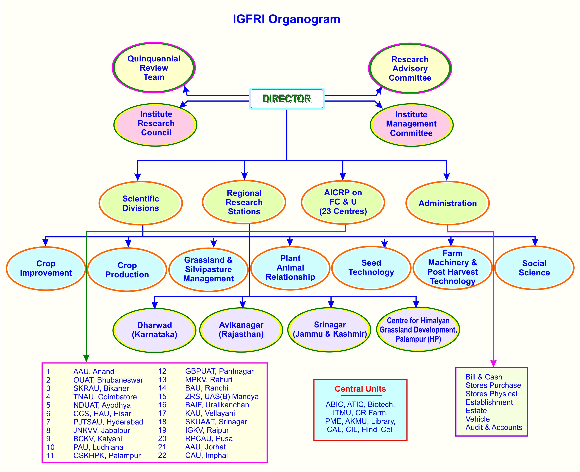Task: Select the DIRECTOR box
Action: click(x=287, y=99)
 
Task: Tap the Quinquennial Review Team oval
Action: click(x=154, y=68)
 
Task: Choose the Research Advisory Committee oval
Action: click(x=410, y=68)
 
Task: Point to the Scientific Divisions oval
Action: click(x=141, y=203)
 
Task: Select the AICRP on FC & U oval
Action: click(x=343, y=202)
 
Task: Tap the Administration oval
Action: click(x=447, y=203)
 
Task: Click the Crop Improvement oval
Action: click(x=46, y=268)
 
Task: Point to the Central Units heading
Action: click(x=360, y=389)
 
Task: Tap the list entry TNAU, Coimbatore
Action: click(x=105, y=397)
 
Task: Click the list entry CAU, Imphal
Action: click(x=206, y=455)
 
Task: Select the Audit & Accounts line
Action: click(x=494, y=427)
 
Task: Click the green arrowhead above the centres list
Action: click(x=86, y=358)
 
